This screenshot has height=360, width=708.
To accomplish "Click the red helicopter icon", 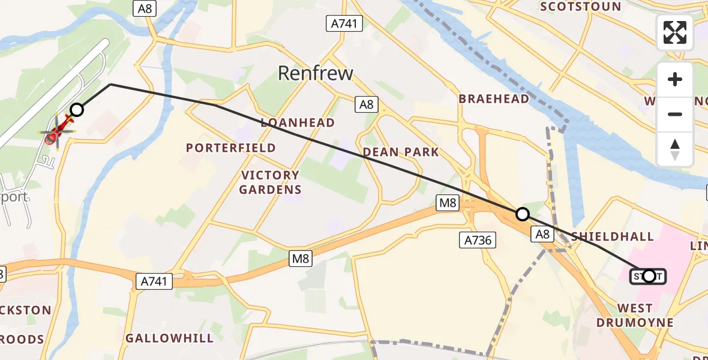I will tap(57, 131).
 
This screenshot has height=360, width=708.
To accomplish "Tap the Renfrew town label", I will tap(316, 73).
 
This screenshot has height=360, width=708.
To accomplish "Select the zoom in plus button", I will tap(675, 80).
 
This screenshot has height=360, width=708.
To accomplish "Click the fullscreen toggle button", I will tap(675, 32).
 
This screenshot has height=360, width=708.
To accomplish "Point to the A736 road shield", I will tap(478, 241).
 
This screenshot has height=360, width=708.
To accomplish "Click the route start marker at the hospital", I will tap(649, 276).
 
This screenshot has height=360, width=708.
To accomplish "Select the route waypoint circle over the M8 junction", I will tap(523, 214).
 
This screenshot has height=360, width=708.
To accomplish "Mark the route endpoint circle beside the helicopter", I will tap(77, 109).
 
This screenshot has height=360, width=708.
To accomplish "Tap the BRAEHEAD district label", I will tap(494, 99).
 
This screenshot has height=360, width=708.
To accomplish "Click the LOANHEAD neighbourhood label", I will tap(298, 122).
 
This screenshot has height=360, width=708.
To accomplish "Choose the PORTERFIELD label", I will tap(231, 148).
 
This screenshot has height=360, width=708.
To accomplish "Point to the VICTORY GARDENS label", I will tap(270, 182).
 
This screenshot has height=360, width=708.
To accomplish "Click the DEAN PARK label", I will tap(401, 152).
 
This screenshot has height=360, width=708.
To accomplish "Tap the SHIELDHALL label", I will tap(613, 236).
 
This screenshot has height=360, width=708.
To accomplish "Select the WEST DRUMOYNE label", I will tap(634, 316).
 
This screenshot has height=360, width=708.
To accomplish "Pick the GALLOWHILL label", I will tap(169, 338).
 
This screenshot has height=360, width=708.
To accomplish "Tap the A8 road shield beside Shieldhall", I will tap(542, 235).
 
